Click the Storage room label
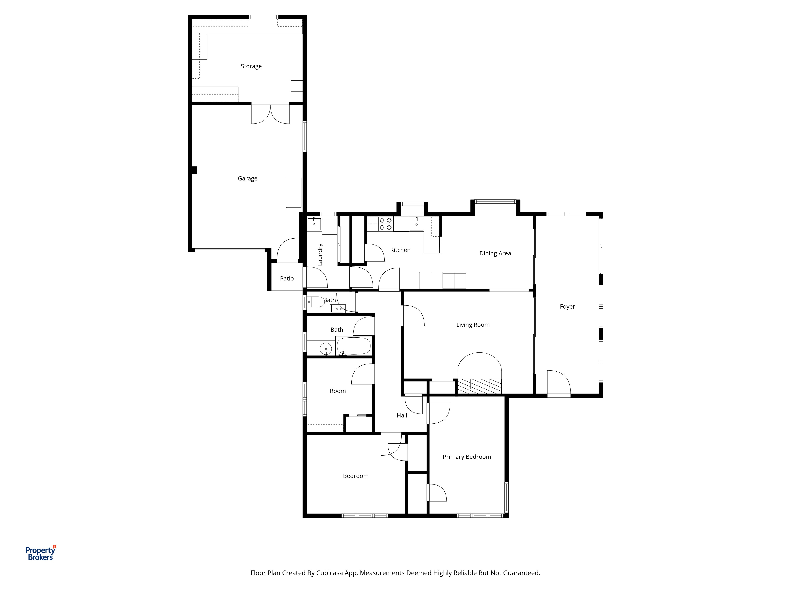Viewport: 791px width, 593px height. (x=251, y=66)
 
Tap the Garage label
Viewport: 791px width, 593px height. (x=247, y=178)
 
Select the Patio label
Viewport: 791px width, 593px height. (x=287, y=279)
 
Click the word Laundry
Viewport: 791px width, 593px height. (x=320, y=255)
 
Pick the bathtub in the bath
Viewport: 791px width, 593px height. (x=354, y=346)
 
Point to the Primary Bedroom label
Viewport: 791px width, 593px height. (x=467, y=457)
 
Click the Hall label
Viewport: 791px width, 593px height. (x=402, y=415)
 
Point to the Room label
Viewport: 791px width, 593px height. (x=338, y=391)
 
